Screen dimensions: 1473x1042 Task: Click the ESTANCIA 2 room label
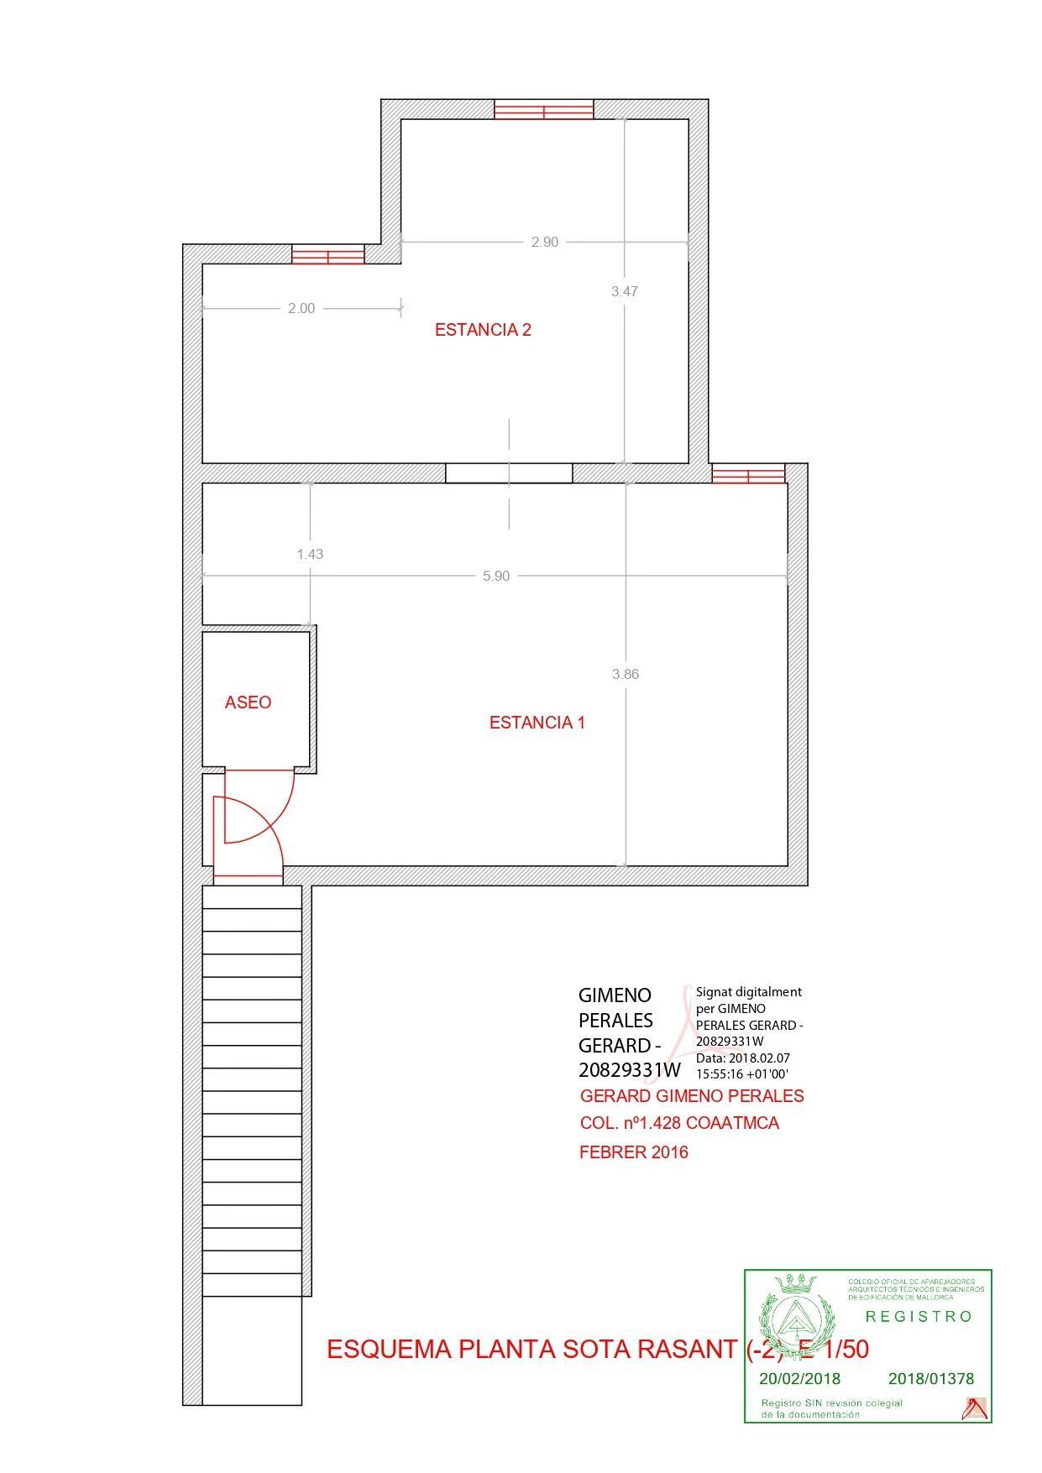point(482,330)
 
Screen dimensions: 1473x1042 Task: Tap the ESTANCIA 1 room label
point(537,723)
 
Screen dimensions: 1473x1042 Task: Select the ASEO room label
point(248,703)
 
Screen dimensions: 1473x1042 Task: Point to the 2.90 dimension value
point(544,242)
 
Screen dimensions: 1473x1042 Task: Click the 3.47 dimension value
point(624,291)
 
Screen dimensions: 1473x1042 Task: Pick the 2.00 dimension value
point(301,308)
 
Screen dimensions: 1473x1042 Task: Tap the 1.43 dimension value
point(310,554)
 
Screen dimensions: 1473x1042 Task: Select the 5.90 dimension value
point(495,576)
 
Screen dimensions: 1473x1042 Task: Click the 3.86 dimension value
point(626,674)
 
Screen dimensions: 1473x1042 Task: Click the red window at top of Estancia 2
point(543,109)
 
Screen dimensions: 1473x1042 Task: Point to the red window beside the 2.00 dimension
point(327,253)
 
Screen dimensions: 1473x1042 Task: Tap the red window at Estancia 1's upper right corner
point(748,474)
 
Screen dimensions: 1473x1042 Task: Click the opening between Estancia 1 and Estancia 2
point(509,473)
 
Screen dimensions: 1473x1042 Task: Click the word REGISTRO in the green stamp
point(919,1316)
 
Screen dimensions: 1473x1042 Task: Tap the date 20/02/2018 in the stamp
point(799,1378)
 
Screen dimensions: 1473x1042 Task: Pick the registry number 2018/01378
point(930,1378)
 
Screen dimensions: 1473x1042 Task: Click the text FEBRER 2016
point(633,1152)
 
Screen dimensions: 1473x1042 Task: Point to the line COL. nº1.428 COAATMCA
point(679,1123)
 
